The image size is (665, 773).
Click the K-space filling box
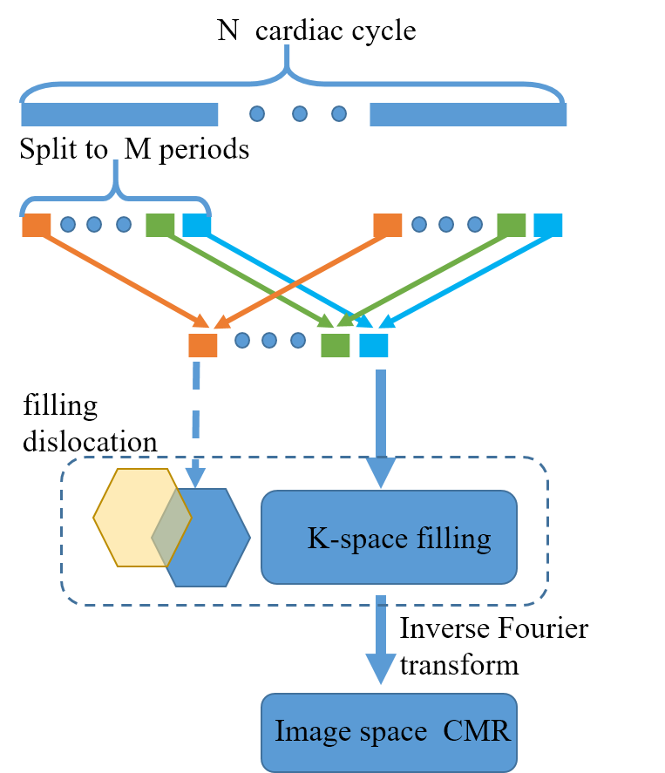tap(389, 538)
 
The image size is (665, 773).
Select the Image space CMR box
tap(389, 732)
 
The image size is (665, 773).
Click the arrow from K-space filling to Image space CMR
tap(381, 641)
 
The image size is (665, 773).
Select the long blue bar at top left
tap(119, 114)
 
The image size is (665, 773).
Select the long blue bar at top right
tap(468, 114)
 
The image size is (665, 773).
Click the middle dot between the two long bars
tap(299, 113)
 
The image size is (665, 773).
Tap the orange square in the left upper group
tap(37, 225)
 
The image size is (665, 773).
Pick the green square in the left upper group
tap(160, 225)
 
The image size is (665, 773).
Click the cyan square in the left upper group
tap(196, 225)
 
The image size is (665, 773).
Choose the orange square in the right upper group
tap(388, 225)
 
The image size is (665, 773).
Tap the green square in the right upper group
tap(512, 225)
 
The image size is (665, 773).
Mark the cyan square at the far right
tap(548, 225)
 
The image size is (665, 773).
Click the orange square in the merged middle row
tap(203, 345)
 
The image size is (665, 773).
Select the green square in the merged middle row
tap(336, 345)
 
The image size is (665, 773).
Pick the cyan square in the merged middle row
tap(374, 345)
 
